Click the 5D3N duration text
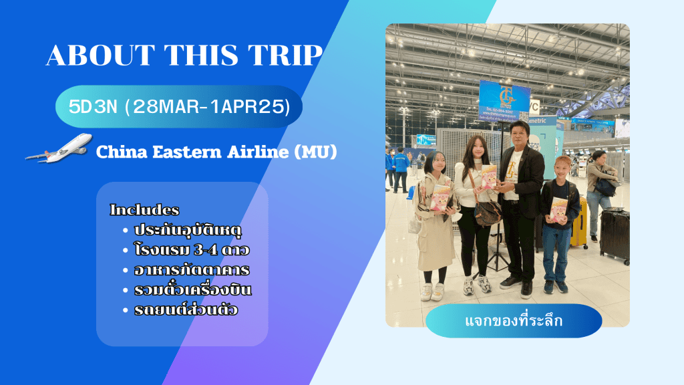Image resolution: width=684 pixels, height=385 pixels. coord(93,106)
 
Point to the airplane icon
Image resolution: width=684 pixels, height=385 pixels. coord(59,148)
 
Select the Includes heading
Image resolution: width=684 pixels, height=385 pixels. coord(144,209)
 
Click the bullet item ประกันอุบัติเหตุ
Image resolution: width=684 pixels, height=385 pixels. coord(188,230)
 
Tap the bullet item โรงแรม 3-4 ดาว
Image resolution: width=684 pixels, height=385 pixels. coord(192,250)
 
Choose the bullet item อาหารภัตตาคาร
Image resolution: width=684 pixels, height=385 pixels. coord(192,270)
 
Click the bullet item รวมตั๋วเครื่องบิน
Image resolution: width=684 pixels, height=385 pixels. coord(193,289)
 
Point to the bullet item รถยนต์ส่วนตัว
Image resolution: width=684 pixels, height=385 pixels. coord(186,309)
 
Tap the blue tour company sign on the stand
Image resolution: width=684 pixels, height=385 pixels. coord(504,101)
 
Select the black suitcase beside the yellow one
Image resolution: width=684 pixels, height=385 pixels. coord(615,236)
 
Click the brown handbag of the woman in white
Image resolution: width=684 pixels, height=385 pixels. coord(488,213)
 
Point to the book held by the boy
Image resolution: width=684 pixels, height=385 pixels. coord(558,209)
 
